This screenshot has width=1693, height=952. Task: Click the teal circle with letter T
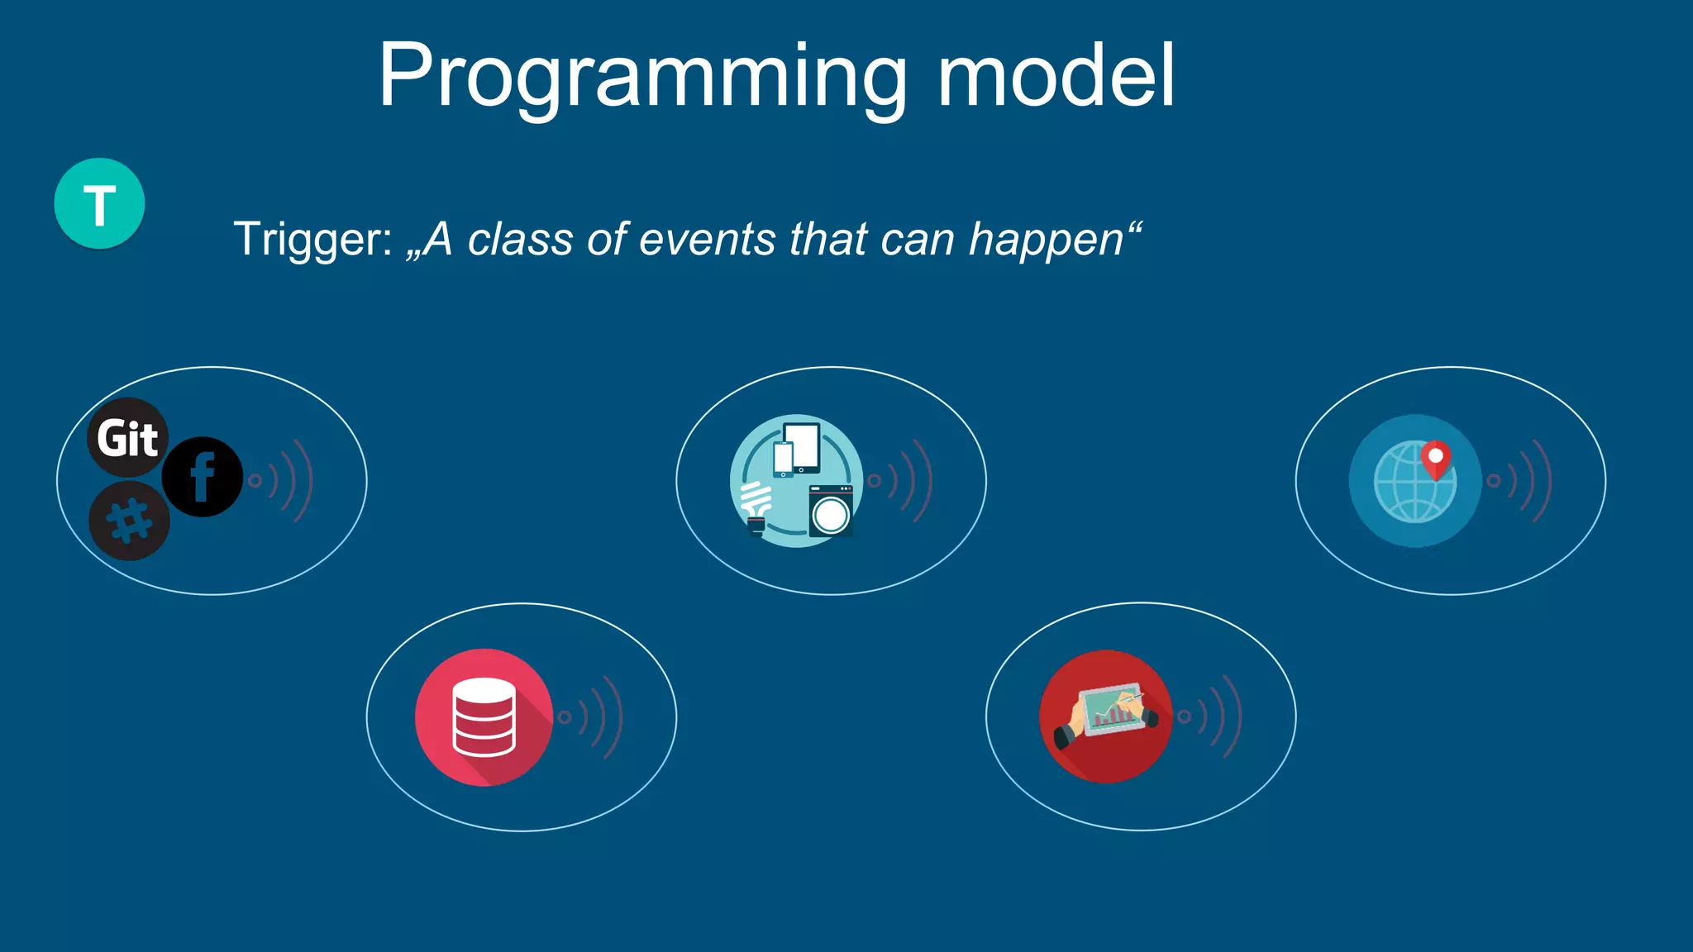[99, 203]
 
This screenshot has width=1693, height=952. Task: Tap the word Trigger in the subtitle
[312, 240]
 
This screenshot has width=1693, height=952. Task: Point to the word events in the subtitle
[708, 240]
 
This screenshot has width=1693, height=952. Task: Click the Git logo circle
[127, 437]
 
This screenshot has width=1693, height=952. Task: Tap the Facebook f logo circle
[202, 477]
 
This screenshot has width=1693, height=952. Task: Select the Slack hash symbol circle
[130, 521]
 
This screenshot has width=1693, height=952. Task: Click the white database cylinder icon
[484, 716]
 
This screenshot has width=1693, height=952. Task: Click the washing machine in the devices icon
[831, 512]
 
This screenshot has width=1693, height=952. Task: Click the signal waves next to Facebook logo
[283, 480]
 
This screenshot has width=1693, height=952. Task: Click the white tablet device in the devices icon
[802, 446]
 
